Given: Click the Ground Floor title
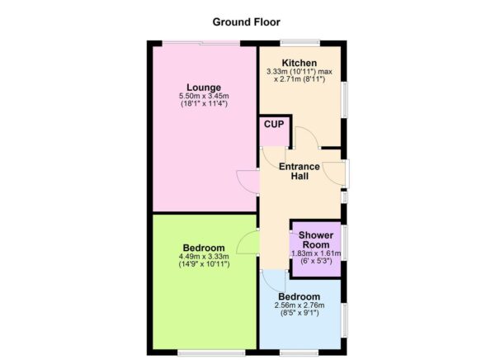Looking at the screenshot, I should (247, 21).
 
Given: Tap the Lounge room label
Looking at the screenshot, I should (203, 88).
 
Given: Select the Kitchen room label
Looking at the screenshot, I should (299, 63).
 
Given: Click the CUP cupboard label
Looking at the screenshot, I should (273, 125).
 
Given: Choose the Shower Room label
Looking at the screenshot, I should (315, 239).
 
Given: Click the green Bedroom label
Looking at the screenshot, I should (203, 248).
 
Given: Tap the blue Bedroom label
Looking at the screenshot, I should (299, 296).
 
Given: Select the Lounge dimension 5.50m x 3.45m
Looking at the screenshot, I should (203, 97).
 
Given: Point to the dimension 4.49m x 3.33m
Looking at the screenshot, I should (203, 257).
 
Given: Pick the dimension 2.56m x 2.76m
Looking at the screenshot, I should (299, 306).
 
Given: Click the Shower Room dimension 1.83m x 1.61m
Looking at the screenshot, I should (315, 253).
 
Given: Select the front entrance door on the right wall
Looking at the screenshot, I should (336, 173).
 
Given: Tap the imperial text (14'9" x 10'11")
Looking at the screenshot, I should (203, 266).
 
